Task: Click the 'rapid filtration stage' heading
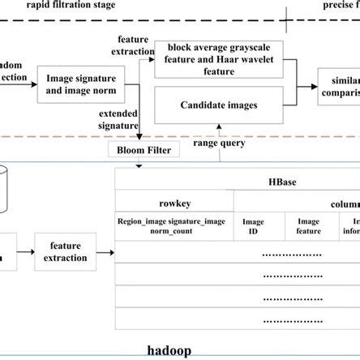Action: pyautogui.click(x=71, y=6)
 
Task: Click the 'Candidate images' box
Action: pyautogui.click(x=219, y=105)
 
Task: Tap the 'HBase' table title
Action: pyautogui.click(x=288, y=183)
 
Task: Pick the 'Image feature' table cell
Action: pyautogui.click(x=308, y=225)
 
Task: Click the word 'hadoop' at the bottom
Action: pyautogui.click(x=170, y=351)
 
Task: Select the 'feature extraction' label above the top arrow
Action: pyautogui.click(x=134, y=45)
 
